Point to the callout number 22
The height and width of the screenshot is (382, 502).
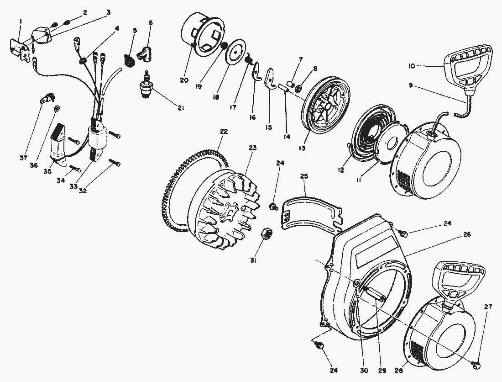point(224,132)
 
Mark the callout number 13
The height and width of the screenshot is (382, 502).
point(302,149)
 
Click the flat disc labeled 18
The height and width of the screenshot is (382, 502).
point(236,52)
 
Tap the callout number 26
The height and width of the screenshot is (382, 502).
point(466,234)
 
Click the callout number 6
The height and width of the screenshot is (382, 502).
point(151,22)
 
